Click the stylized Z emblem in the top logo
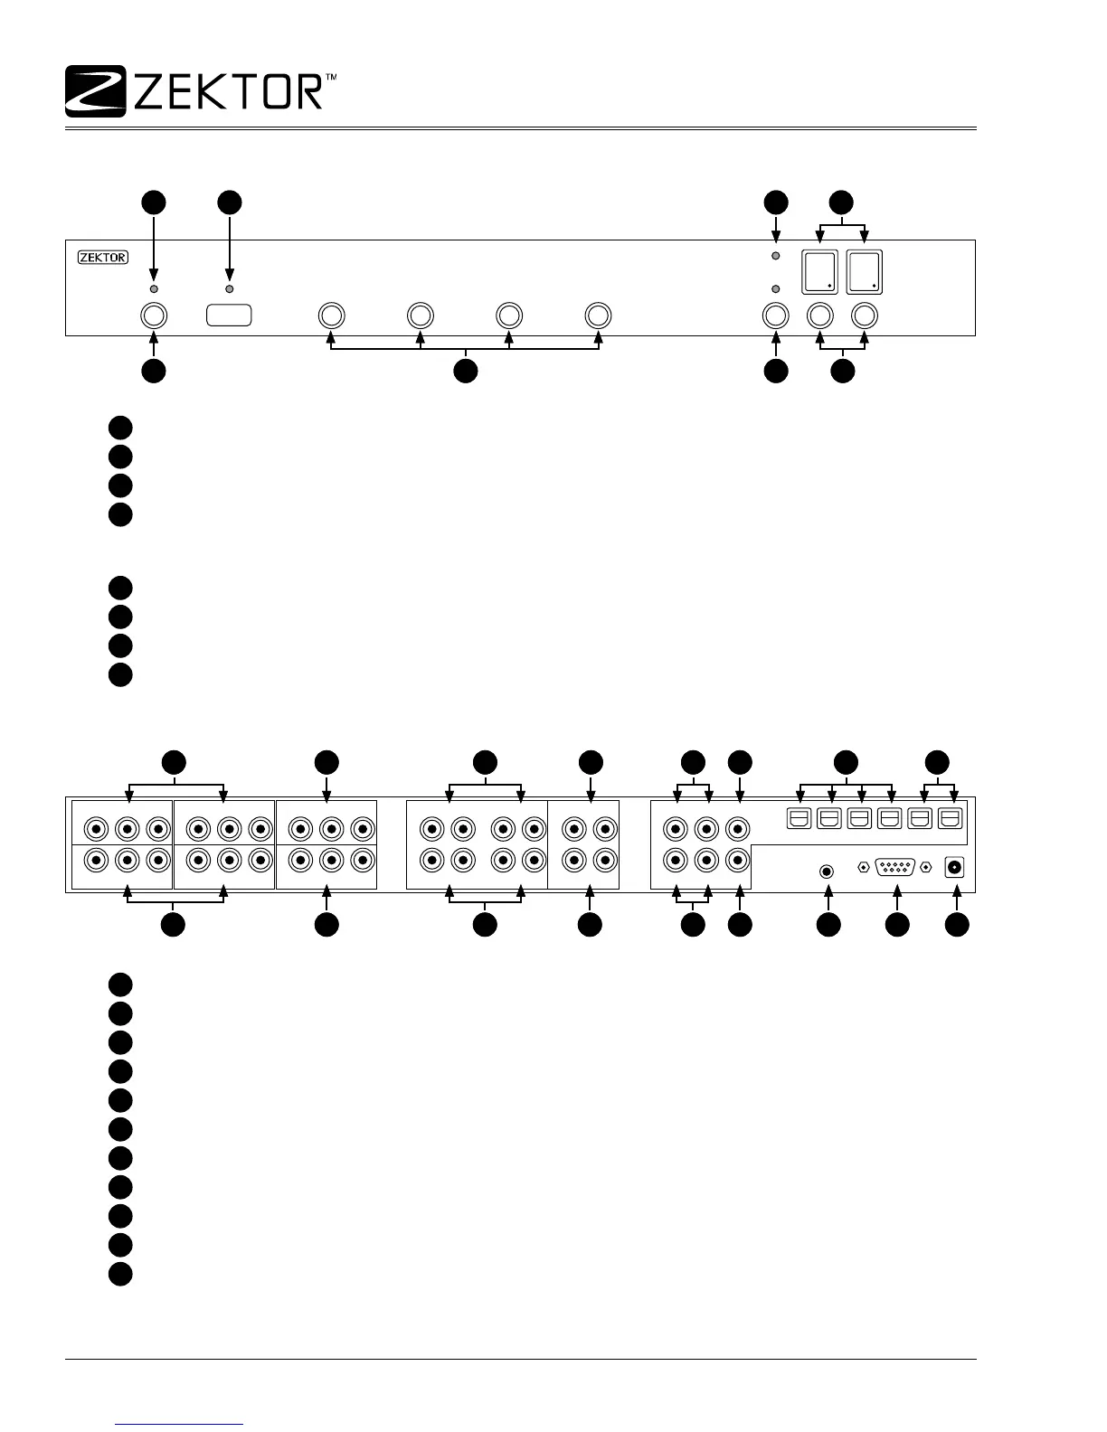95,91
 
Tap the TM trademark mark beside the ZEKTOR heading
331,80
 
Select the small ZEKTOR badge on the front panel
102,257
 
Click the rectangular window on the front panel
229,316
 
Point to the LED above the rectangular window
229,288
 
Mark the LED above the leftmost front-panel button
154,288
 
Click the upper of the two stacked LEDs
775,257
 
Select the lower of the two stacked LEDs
775,288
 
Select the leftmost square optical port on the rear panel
799,818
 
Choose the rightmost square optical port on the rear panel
949,818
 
